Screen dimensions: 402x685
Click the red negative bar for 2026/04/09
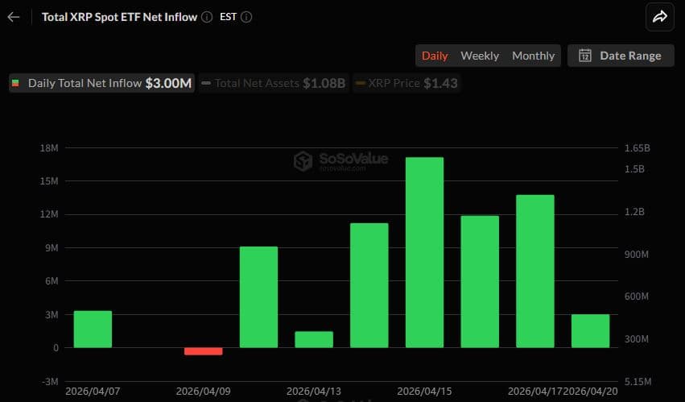point(203,351)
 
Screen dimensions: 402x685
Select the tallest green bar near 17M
point(424,252)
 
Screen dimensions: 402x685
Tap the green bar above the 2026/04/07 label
point(93,329)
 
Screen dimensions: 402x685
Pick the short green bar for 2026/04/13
point(314,339)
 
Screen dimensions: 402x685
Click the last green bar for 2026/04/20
point(590,331)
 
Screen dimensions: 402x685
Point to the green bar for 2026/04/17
point(535,271)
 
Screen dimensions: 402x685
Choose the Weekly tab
point(480,56)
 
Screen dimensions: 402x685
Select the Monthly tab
point(534,56)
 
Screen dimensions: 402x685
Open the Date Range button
point(621,56)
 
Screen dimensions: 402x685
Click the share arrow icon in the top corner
point(660,17)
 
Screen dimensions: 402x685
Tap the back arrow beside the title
point(14,17)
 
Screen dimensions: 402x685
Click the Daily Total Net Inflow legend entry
point(101,83)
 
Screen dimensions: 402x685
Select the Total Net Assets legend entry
point(273,83)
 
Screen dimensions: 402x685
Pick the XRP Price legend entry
point(406,83)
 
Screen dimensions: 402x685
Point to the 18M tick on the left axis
point(48,148)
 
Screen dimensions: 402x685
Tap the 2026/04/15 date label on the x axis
point(424,391)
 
